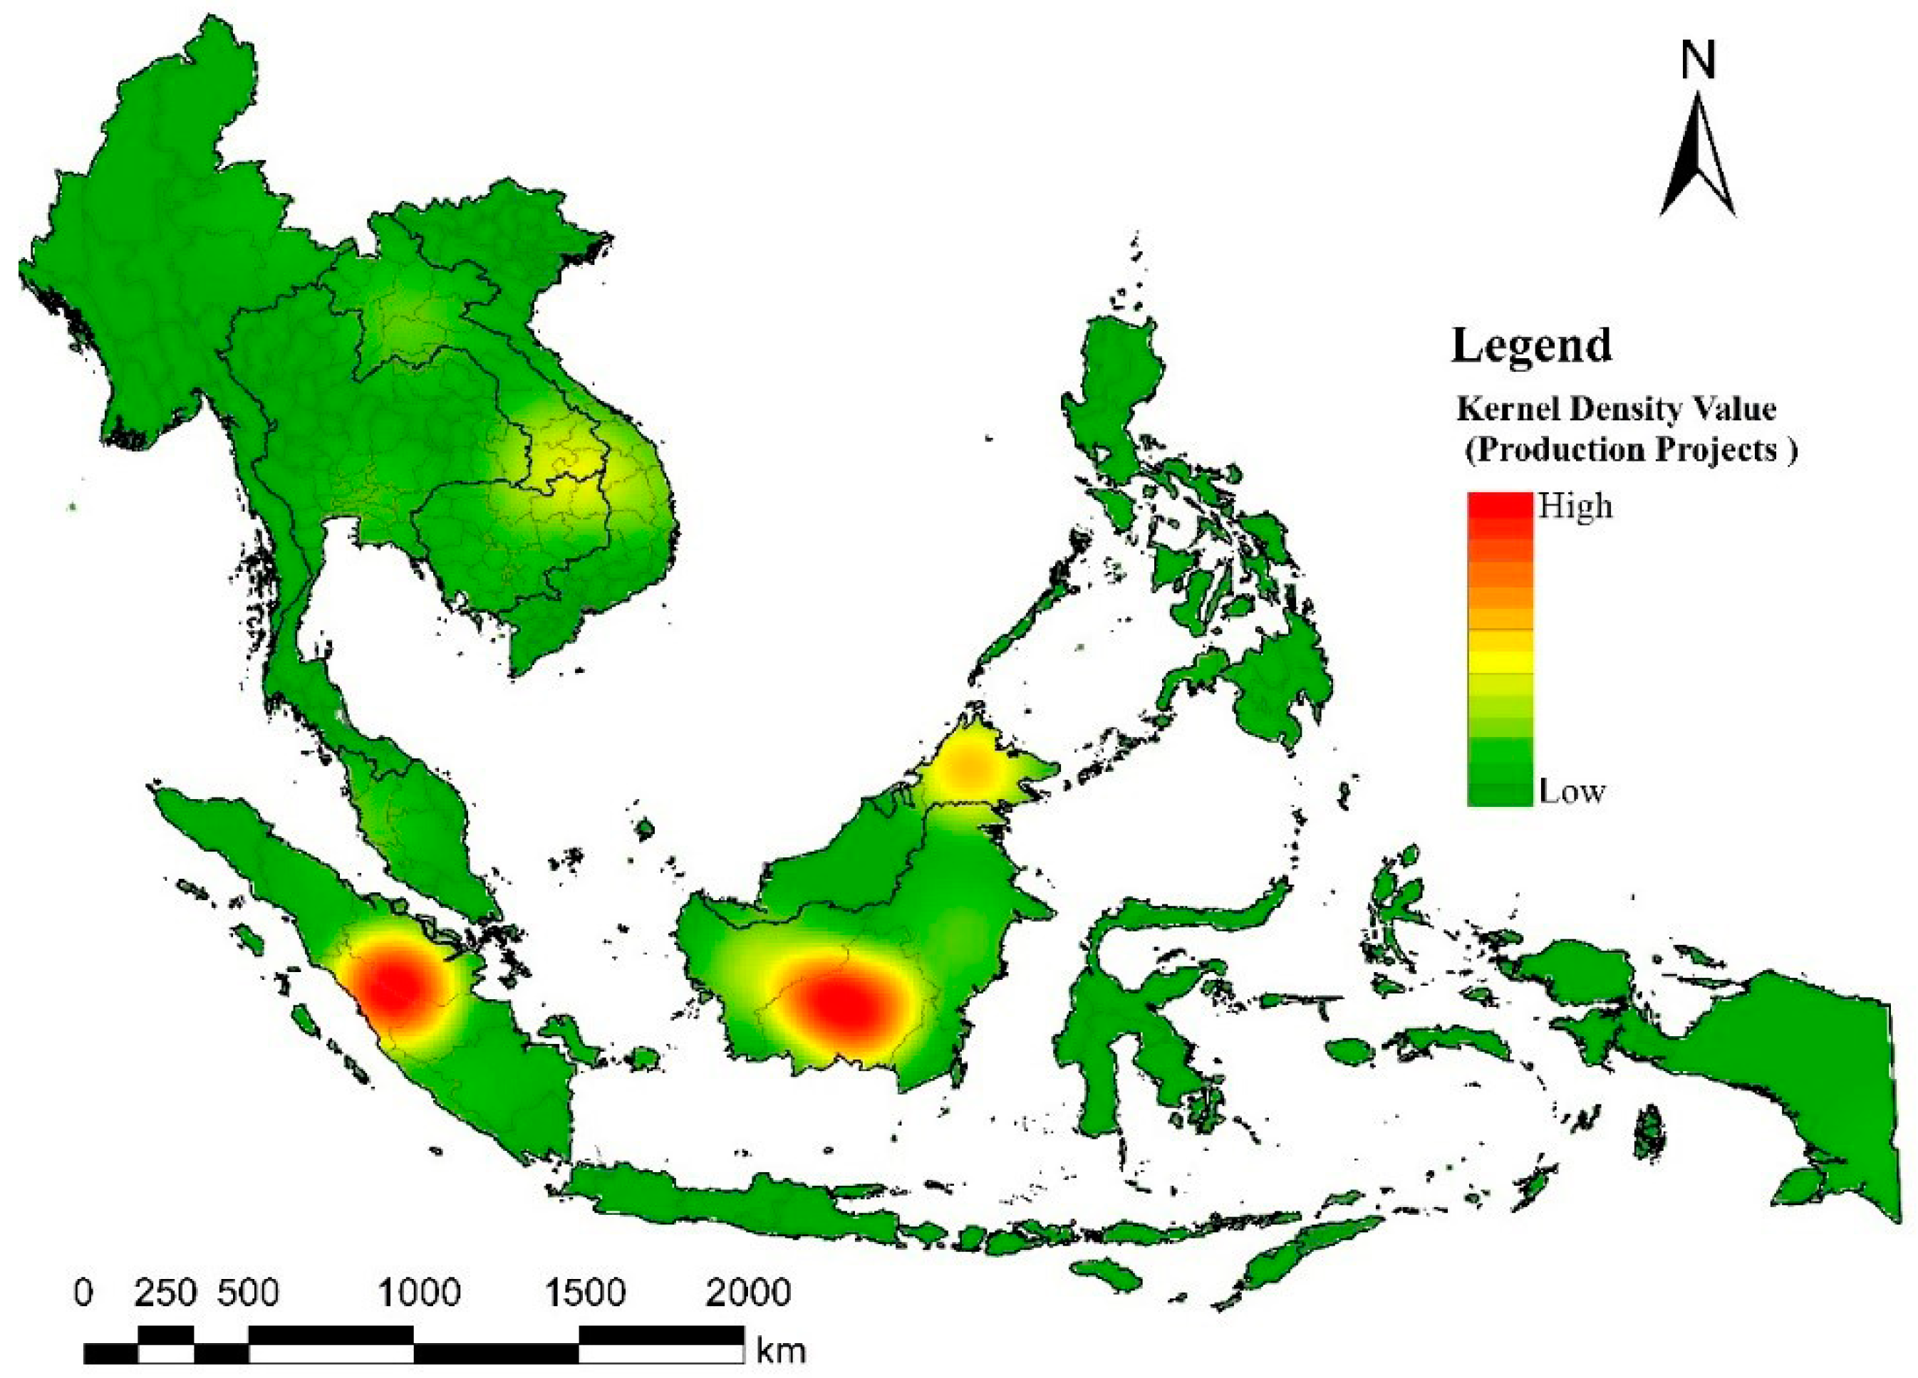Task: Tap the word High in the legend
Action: coord(1575,506)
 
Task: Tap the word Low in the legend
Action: coord(1571,792)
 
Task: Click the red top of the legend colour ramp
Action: coord(1499,506)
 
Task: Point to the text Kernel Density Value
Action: coord(1616,409)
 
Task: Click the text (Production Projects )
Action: coord(1630,450)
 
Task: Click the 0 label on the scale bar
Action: coord(83,1293)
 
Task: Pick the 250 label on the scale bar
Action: coord(167,1293)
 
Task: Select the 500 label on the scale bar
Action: coord(248,1293)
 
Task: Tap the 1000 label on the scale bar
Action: coord(419,1293)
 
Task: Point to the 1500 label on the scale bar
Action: coord(584,1293)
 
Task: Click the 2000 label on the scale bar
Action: coord(748,1293)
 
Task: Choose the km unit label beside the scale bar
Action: coord(781,1351)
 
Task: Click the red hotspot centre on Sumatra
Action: coord(398,985)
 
